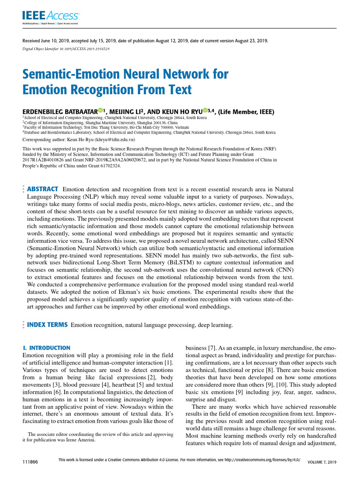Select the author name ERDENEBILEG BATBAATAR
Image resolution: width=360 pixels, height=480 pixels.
tap(60, 111)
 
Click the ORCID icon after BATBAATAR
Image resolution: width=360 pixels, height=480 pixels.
tap(100, 111)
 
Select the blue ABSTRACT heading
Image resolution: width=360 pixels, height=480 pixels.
tap(43, 188)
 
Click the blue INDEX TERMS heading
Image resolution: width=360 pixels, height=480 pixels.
tap(47, 324)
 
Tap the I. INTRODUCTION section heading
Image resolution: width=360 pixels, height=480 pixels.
tap(47, 348)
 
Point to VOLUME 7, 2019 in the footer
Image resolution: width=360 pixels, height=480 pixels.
tap(322, 463)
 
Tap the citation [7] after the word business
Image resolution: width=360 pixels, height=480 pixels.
tap(211, 348)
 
